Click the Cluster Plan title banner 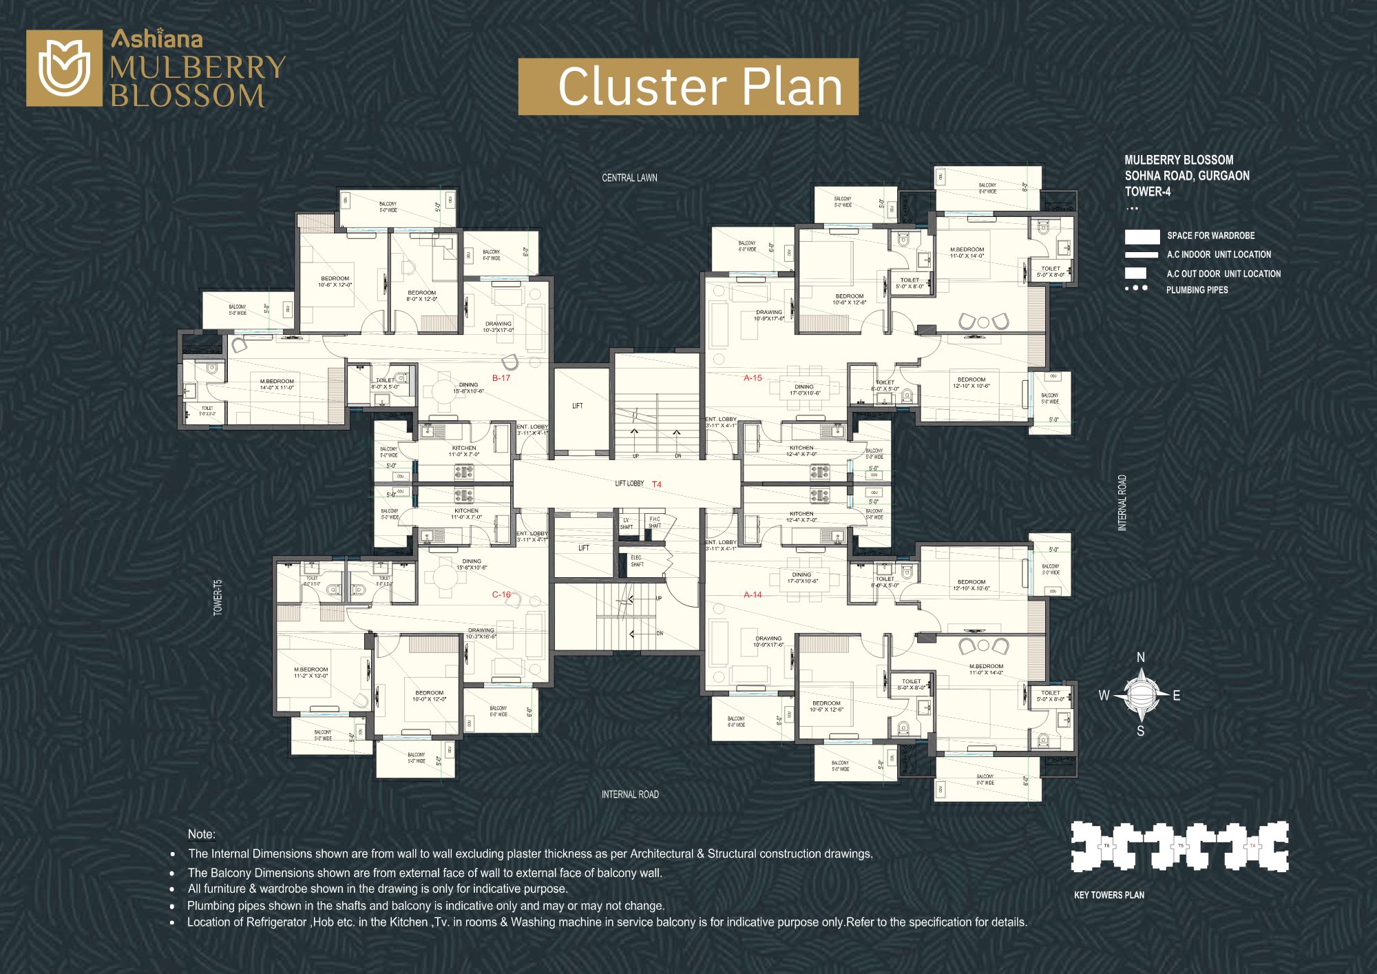pos(688,87)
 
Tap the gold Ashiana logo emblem pos(64,68)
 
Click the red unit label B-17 pos(501,378)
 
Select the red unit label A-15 pos(753,378)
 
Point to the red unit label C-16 pos(501,594)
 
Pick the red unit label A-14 pos(753,594)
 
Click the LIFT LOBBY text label pos(629,484)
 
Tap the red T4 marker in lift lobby pos(657,485)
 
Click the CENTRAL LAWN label pos(629,178)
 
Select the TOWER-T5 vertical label pos(218,597)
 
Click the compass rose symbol pos(1141,695)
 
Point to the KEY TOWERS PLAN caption pos(1109,895)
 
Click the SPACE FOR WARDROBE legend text pos(1210,236)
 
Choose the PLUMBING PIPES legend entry pos(1197,290)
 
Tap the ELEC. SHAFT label pos(637,561)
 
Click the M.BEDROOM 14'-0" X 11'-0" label pos(277,384)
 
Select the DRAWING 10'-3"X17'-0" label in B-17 pos(498,327)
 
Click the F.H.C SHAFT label pos(654,522)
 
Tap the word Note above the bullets pos(201,834)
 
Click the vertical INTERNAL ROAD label pos(1122,502)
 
